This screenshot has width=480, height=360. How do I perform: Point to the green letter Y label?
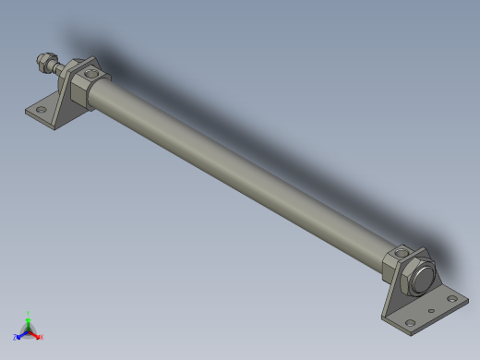coord(28,313)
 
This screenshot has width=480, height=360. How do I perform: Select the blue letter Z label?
coord(16,338)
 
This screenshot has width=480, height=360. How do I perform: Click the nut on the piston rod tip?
coord(42,64)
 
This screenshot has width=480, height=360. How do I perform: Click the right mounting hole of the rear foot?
coord(450,298)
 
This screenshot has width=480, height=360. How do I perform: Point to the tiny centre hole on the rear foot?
coord(431,311)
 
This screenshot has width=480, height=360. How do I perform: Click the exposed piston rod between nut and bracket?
coord(57,68)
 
